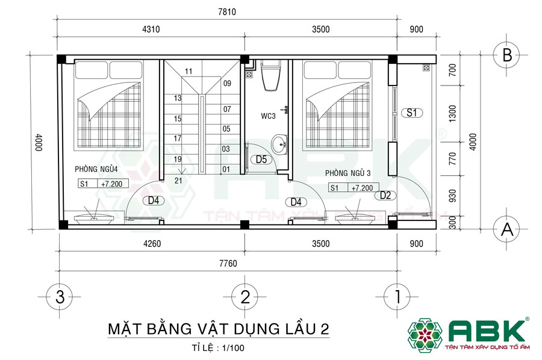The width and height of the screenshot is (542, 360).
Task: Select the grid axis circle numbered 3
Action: (59, 296)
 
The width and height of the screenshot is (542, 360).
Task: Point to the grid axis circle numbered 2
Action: (245, 296)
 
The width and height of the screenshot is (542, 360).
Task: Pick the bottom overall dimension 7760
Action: (227, 262)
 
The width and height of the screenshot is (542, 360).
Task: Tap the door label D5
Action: (261, 160)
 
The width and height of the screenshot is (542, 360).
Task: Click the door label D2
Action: (385, 194)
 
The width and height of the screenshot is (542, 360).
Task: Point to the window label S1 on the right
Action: (413, 112)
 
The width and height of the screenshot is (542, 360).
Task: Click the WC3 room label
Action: (269, 116)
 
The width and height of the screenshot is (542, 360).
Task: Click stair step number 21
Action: (178, 180)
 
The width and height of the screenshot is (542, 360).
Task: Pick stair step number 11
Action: (188, 71)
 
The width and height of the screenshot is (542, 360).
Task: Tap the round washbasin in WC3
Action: (279, 144)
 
